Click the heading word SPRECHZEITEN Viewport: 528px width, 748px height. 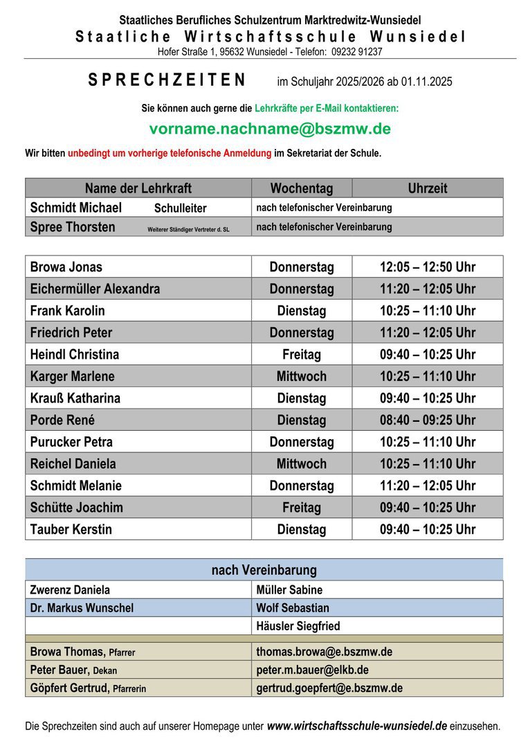click(x=167, y=80)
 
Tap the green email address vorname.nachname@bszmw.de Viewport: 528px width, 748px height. click(x=270, y=129)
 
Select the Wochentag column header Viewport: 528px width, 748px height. click(x=302, y=188)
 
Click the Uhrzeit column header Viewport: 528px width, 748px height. click(x=427, y=188)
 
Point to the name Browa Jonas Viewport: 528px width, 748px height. click(x=66, y=267)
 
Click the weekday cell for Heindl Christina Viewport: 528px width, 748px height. click(x=302, y=355)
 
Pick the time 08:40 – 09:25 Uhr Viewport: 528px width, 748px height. click(x=427, y=420)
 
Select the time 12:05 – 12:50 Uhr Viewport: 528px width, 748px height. click(x=427, y=267)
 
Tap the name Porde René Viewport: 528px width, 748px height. click(x=62, y=420)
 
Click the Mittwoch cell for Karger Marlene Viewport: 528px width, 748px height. click(x=302, y=377)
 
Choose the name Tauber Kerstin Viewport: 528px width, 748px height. click(x=71, y=530)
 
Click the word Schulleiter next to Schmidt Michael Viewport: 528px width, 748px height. click(x=180, y=208)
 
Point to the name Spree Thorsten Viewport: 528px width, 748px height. click(x=73, y=227)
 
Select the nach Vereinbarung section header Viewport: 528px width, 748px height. click(x=264, y=570)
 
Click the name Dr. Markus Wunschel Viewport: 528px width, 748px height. click(x=82, y=608)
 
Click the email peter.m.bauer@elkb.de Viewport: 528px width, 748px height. click(x=312, y=670)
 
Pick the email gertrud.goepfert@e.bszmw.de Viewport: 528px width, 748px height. click(x=329, y=688)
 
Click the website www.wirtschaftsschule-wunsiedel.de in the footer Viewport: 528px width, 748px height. click(x=356, y=727)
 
